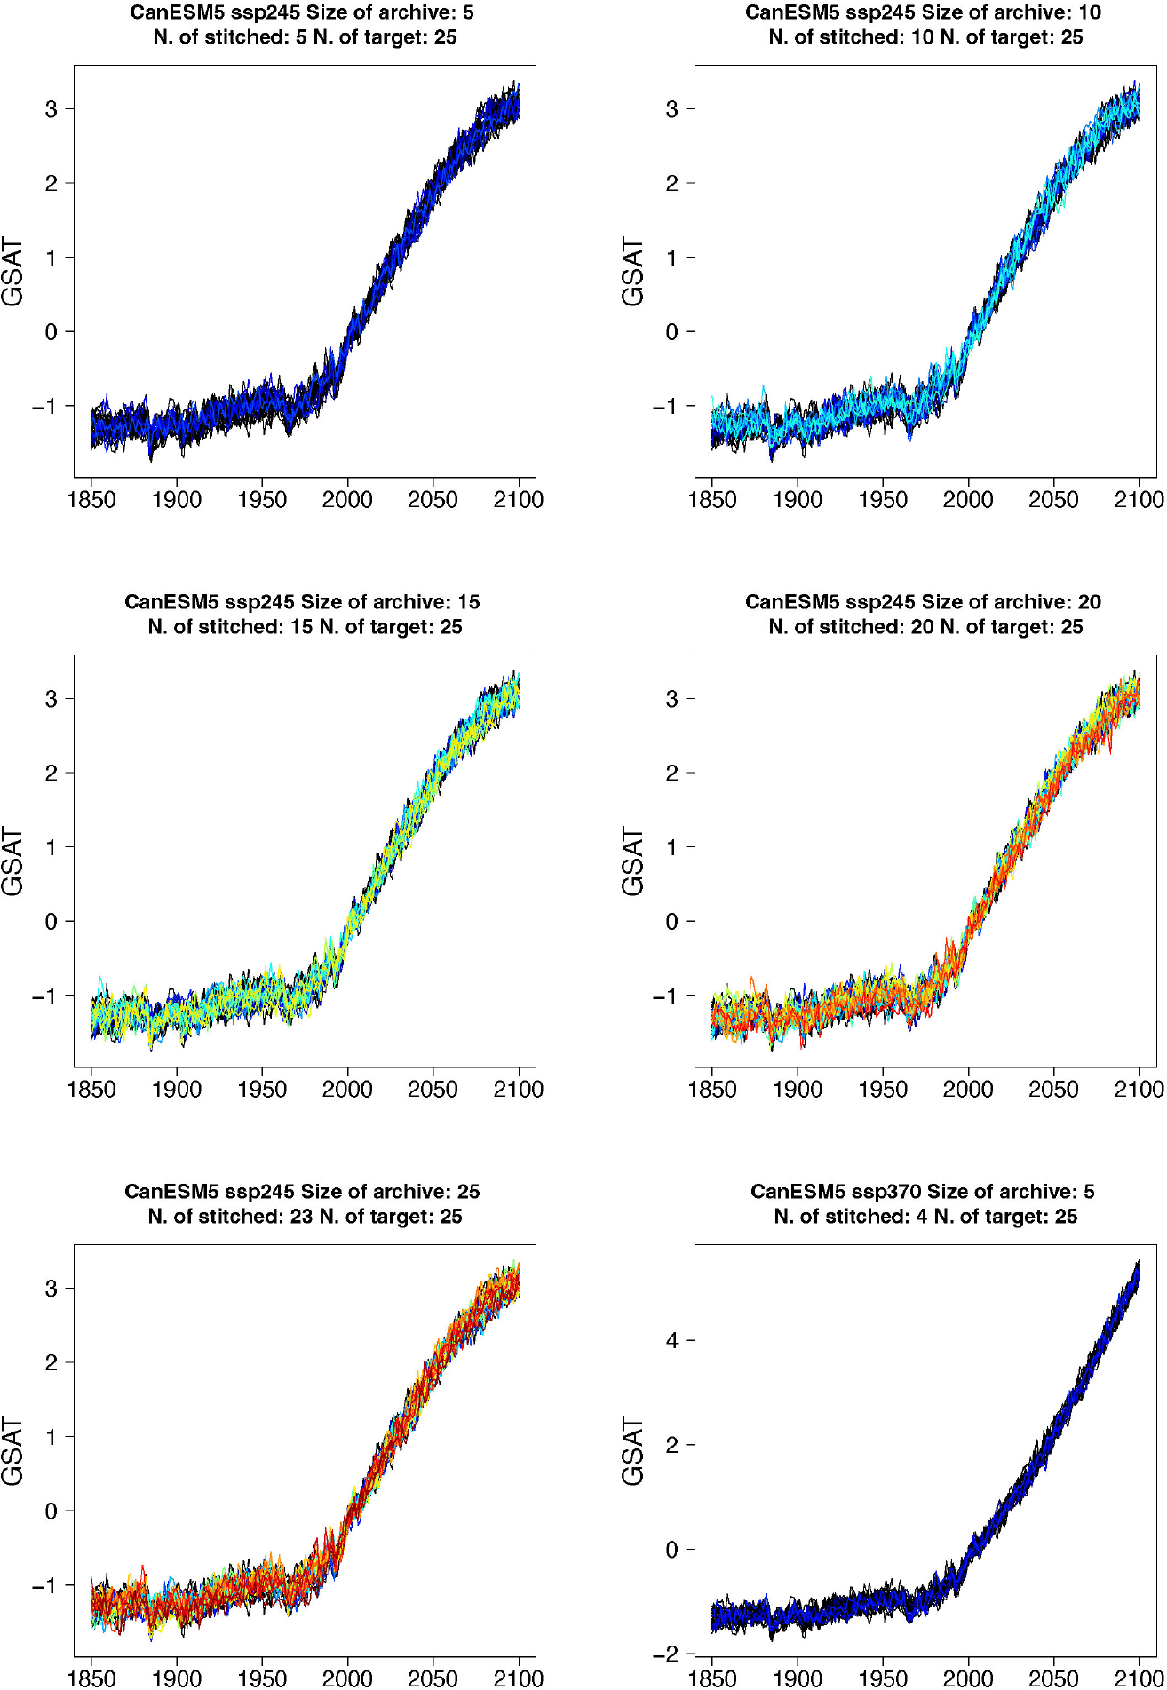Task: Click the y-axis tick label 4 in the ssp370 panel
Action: tap(672, 1340)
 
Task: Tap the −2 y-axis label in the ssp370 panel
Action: tap(666, 1654)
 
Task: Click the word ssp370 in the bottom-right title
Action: tap(887, 1192)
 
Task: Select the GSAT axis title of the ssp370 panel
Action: tap(632, 1451)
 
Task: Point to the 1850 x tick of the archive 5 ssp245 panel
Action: tap(91, 500)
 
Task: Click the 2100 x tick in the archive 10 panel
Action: tap(1139, 500)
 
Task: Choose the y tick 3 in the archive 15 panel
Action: tap(52, 699)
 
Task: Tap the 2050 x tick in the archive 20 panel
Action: tap(1053, 1090)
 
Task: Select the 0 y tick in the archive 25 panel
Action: tap(52, 1511)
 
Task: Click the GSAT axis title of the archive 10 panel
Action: tap(632, 272)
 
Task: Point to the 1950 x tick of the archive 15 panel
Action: tap(262, 1090)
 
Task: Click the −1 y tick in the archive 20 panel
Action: tap(666, 996)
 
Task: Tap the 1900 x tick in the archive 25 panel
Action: tap(177, 1678)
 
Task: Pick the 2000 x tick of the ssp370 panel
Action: tap(968, 1678)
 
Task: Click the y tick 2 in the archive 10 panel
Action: tap(672, 184)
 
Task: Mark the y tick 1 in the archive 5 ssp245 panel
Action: tap(52, 258)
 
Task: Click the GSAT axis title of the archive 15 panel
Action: tap(12, 861)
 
